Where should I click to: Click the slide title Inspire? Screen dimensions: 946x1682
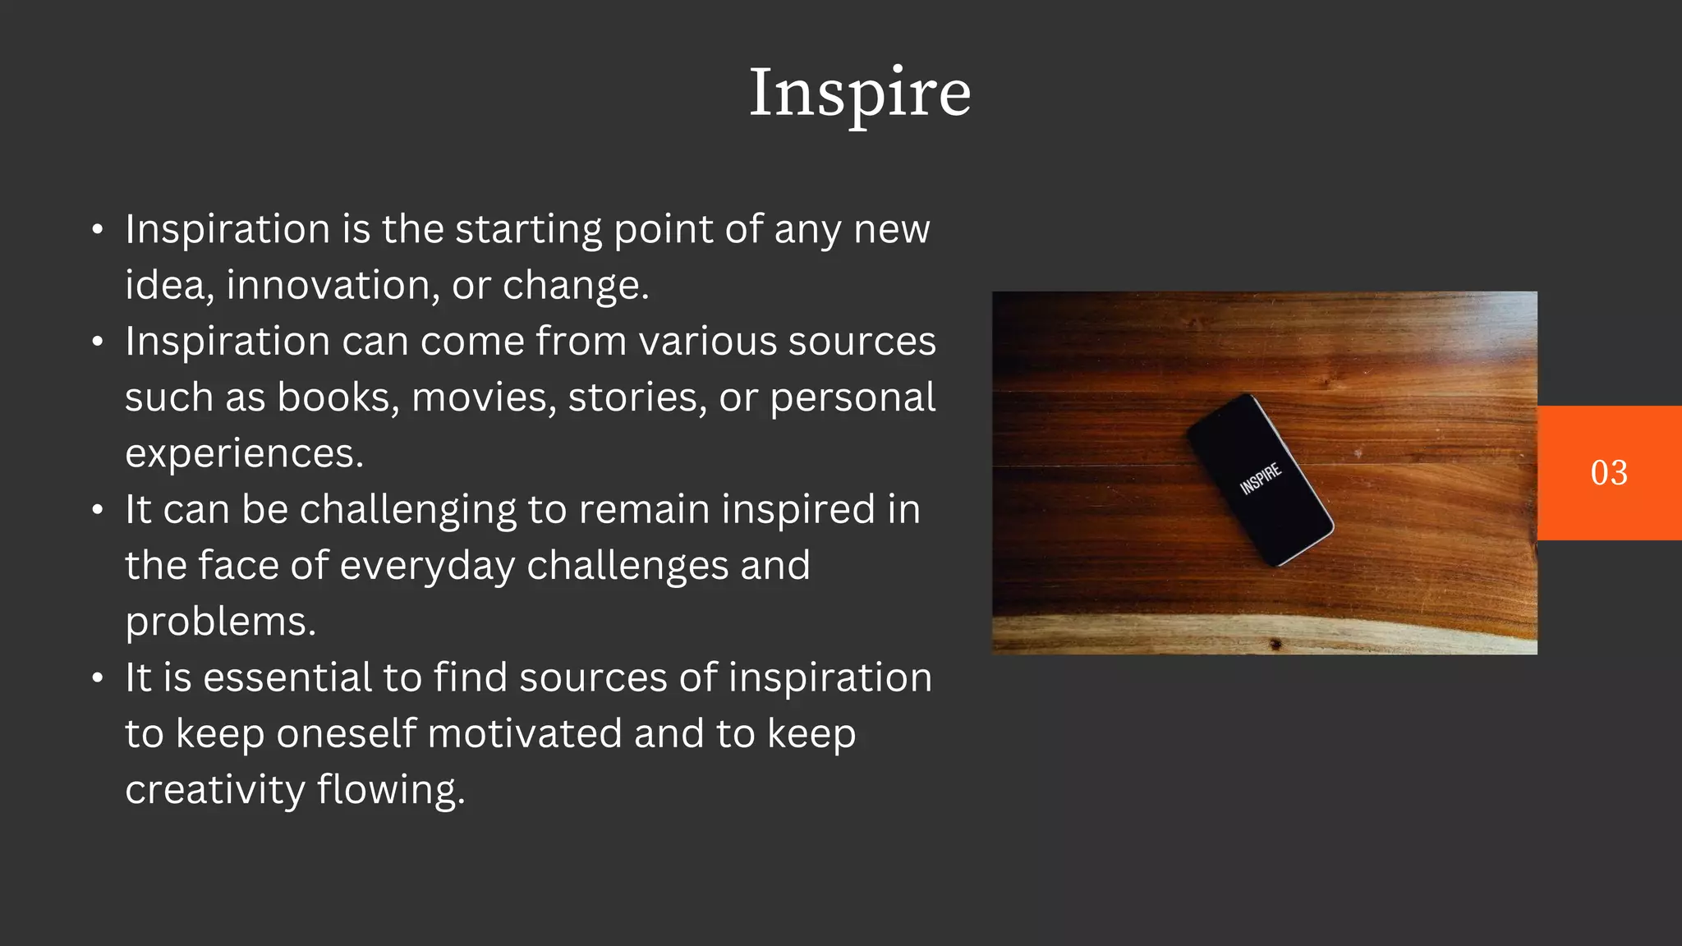click(860, 94)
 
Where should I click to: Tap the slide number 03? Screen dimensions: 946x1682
click(1609, 473)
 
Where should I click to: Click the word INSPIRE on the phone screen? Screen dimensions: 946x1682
click(1260, 479)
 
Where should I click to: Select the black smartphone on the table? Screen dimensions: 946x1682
click(1260, 480)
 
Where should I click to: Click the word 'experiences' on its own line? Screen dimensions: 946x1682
click(243, 454)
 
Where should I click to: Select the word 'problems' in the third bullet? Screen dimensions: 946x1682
click(220, 622)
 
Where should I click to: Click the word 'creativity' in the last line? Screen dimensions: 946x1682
click(214, 791)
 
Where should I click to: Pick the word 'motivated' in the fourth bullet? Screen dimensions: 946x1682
click(524, 734)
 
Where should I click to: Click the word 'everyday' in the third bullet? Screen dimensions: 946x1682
click(427, 567)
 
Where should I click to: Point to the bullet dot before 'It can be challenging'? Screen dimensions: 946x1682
click(98, 511)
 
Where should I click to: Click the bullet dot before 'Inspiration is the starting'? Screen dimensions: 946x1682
click(98, 230)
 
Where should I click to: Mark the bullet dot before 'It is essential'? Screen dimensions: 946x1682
click(98, 679)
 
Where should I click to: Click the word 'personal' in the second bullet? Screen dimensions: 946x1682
click(852, 398)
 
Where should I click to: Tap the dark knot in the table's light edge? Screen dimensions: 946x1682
click(1275, 644)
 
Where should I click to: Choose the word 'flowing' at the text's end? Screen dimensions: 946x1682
click(390, 791)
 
